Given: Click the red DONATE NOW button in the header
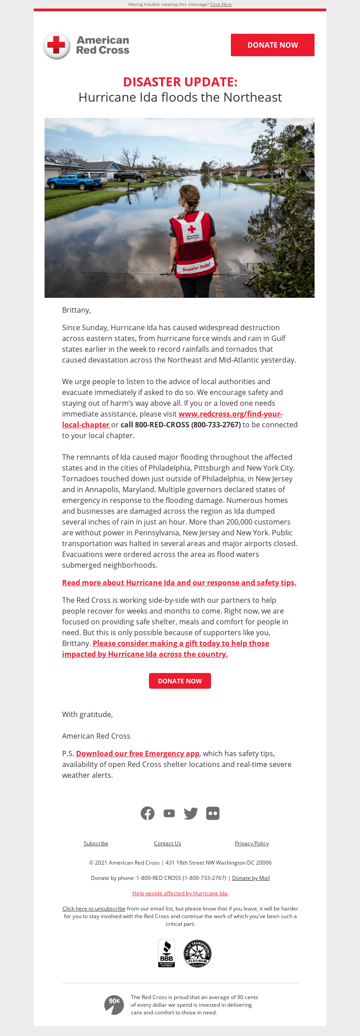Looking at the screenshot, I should pos(272,45).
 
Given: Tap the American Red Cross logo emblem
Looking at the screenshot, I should pos(57,45).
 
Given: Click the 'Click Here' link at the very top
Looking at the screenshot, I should pos(220,4).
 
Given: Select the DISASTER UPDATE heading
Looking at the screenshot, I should pos(180,82).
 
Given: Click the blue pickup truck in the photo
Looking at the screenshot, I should pos(74,181).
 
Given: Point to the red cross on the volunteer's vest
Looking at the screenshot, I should pos(192,229).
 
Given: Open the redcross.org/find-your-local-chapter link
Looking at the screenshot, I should pos(230,414).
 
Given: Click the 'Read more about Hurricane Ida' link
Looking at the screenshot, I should pos(179,583).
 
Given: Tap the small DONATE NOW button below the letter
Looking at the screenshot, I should pos(180,681).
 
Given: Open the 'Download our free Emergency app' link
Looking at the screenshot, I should pos(138,753).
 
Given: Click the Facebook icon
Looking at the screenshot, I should pos(148,813).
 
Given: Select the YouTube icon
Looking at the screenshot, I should pos(169,813).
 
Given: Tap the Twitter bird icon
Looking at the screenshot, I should pos(191,813).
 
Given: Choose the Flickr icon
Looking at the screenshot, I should pos(213,813).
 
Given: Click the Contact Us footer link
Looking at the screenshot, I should pos(167,843).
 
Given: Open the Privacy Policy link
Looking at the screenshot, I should pos(252,843).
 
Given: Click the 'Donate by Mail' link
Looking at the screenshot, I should pos(251,878).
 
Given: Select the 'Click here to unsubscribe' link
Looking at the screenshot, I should pos(94,908).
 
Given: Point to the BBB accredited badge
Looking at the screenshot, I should pos(166,953).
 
